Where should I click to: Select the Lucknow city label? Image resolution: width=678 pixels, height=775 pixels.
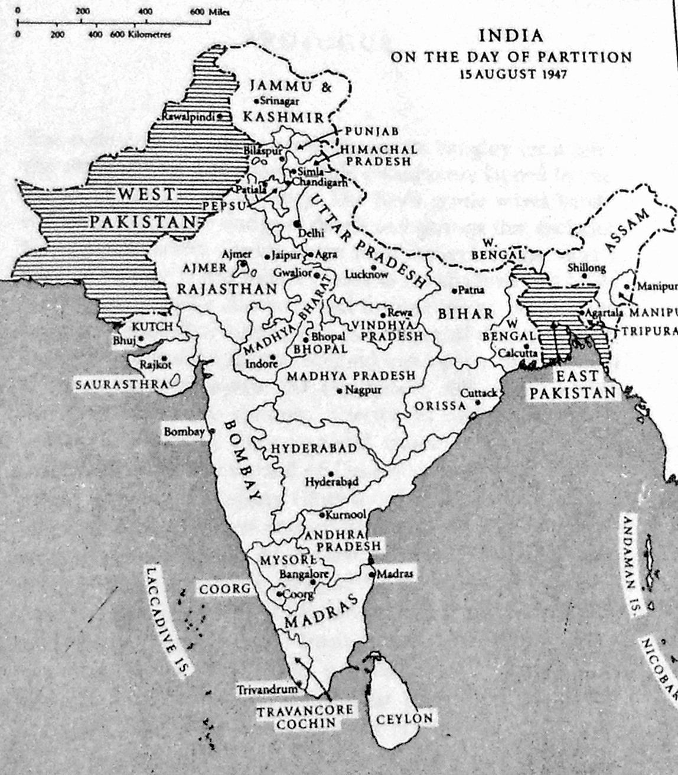[x=367, y=274]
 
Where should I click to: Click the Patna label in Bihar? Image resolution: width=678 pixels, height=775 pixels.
[x=471, y=290]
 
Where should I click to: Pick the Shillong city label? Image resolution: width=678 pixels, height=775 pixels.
[x=586, y=268]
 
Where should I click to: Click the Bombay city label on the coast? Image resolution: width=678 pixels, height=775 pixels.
[x=184, y=432]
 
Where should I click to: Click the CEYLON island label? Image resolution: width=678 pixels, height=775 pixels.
[x=404, y=719]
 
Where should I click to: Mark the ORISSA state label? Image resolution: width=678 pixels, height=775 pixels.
[x=440, y=406]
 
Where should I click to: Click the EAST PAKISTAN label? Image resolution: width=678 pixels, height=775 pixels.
[x=572, y=385]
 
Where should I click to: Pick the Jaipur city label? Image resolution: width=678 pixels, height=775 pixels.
[x=286, y=256]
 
